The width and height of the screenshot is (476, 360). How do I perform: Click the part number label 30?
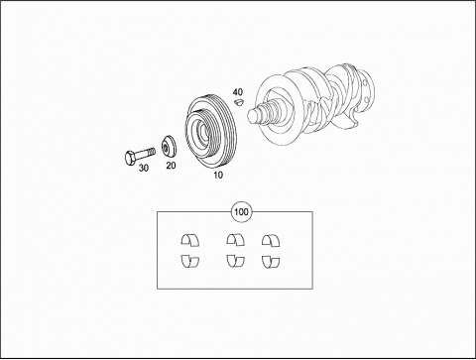pos(143,168)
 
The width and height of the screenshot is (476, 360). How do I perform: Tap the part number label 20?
pos(171,166)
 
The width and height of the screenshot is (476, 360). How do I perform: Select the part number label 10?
pos(218,175)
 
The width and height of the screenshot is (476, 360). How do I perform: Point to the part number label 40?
pos(238,92)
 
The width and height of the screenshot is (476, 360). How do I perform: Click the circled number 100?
pos(241,211)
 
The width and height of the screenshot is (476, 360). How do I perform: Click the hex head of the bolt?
pos(130,159)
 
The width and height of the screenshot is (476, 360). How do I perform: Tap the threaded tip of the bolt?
pos(152,152)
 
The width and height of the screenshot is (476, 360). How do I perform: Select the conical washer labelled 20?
pos(169,147)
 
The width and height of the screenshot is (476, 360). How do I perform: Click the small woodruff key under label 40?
pos(239,102)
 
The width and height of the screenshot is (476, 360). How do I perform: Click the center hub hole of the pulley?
pos(200,132)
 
